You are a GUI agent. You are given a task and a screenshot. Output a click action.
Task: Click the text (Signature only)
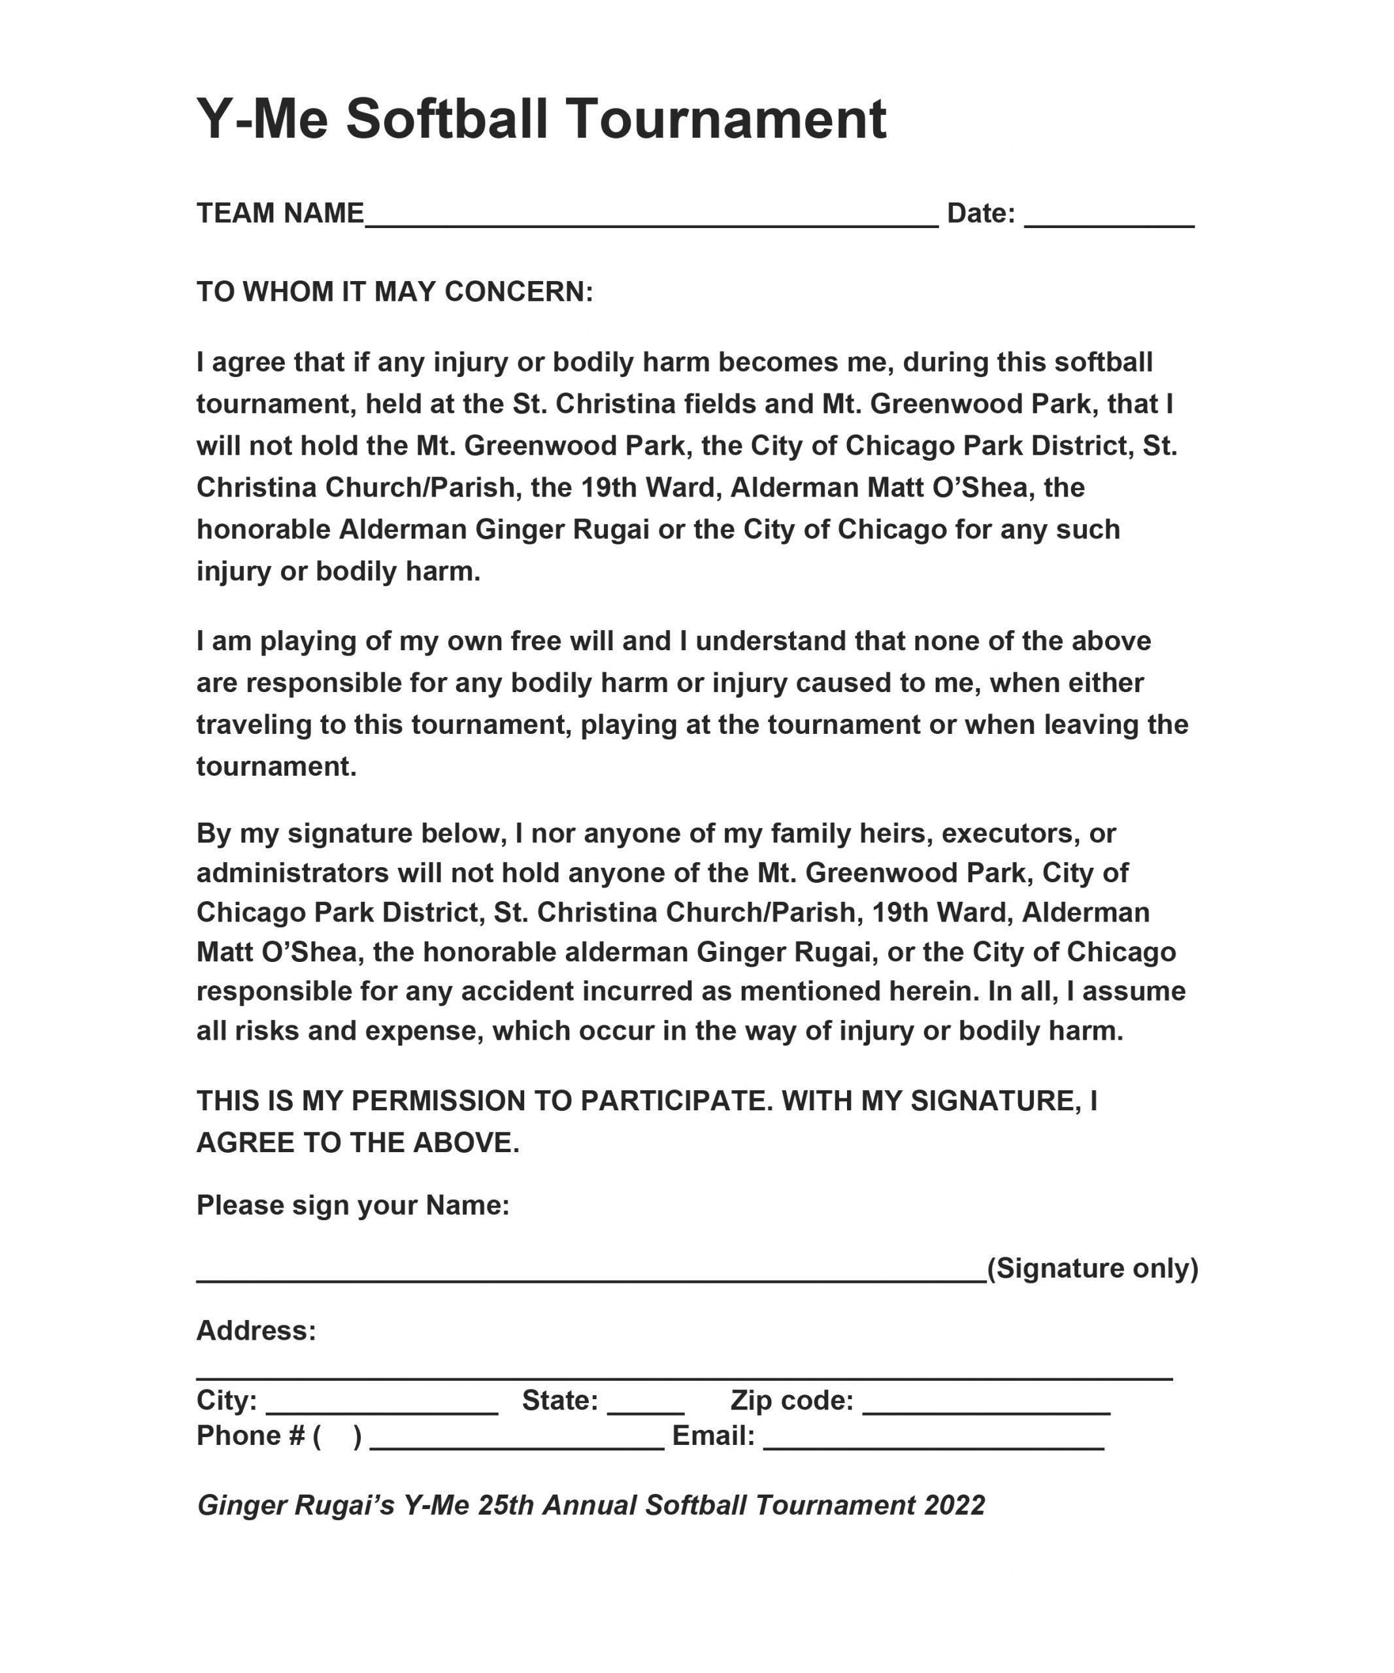pos(1092,1268)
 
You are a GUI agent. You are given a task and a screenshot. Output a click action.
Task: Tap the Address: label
pos(256,1331)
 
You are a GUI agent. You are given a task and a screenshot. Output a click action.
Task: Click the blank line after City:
pos(382,1411)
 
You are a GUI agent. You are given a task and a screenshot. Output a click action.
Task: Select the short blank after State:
pos(645,1411)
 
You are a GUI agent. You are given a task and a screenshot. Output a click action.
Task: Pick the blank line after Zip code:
pos(986,1411)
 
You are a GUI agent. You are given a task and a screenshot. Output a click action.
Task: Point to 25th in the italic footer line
pos(506,1506)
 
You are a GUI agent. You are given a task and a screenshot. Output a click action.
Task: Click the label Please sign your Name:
pos(353,1205)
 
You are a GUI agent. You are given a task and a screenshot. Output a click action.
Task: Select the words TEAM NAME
pos(280,214)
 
